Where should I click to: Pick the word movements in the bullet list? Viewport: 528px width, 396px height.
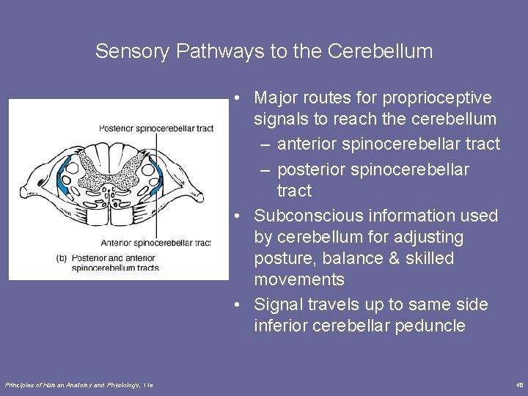[x=299, y=279]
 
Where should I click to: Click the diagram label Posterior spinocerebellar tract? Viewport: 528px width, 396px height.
[x=155, y=128]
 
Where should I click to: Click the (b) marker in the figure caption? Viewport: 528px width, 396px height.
[x=62, y=257]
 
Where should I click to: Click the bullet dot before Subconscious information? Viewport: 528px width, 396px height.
[x=238, y=216]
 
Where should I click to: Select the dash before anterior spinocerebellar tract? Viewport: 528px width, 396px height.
[x=267, y=144]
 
